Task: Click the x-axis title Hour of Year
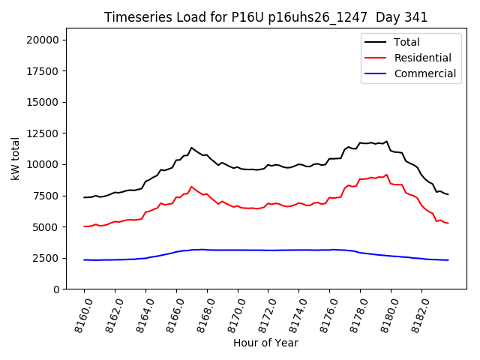point(265,343)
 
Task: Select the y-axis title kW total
point(15,158)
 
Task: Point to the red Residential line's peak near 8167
point(191,187)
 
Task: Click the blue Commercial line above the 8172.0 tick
point(268,250)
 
